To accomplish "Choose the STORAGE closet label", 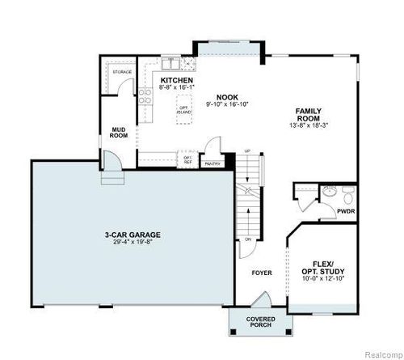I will [x=123, y=71].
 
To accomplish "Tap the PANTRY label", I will [x=213, y=163].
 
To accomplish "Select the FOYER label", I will [x=259, y=273].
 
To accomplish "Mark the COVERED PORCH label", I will [x=258, y=324].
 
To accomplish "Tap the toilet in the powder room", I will [x=348, y=194].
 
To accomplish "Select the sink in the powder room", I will [x=329, y=192].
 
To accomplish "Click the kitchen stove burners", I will [x=145, y=98].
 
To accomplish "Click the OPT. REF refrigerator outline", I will [x=187, y=160].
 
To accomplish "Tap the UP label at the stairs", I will [x=246, y=150].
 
